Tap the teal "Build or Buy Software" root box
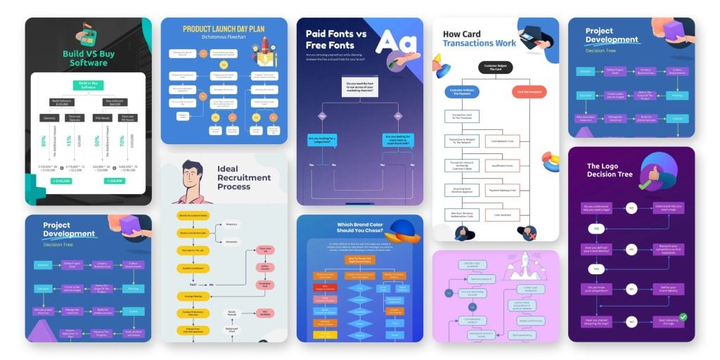(88, 86)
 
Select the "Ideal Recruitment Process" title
(243, 177)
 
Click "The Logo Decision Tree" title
(610, 170)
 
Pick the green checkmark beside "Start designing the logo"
(682, 318)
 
